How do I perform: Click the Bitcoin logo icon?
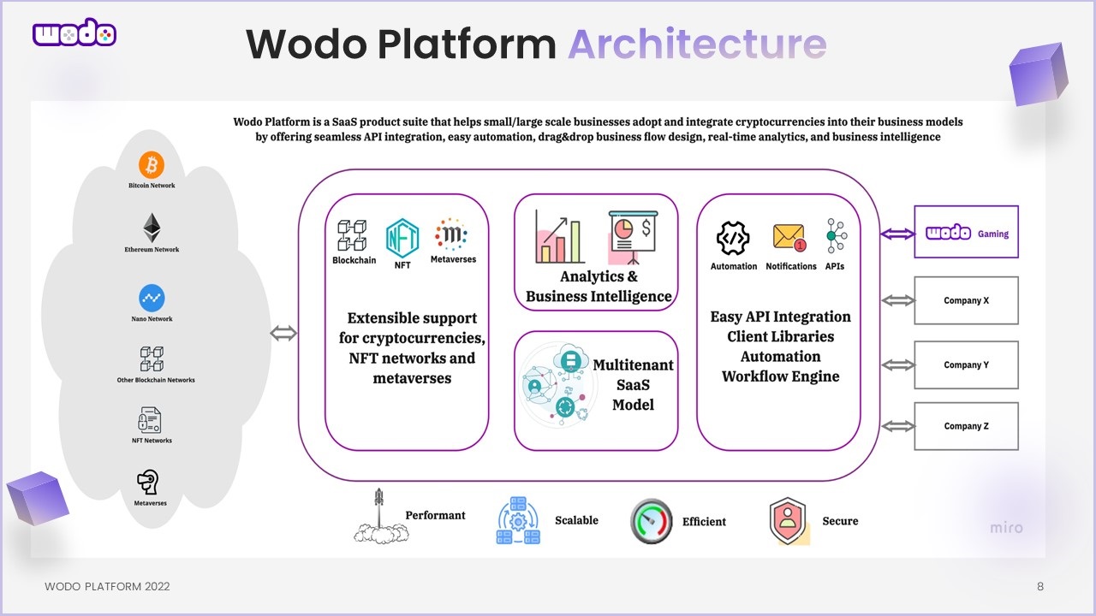(x=152, y=164)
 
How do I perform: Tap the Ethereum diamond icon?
(x=152, y=228)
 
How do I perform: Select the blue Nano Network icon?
(x=152, y=299)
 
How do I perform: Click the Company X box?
(x=966, y=300)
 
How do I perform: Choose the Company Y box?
(x=966, y=364)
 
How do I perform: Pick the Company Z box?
(x=966, y=426)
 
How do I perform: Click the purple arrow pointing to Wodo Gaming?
(x=897, y=233)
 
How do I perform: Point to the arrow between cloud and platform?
(x=283, y=334)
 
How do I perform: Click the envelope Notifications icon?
(x=789, y=237)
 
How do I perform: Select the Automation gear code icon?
(x=733, y=237)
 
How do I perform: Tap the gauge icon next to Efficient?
(x=652, y=521)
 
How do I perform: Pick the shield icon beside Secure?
(x=788, y=521)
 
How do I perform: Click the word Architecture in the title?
(x=697, y=44)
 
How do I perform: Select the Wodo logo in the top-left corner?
(x=74, y=34)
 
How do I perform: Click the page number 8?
(x=1040, y=587)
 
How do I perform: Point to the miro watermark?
(x=1006, y=528)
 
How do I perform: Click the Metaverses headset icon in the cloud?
(x=150, y=483)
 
